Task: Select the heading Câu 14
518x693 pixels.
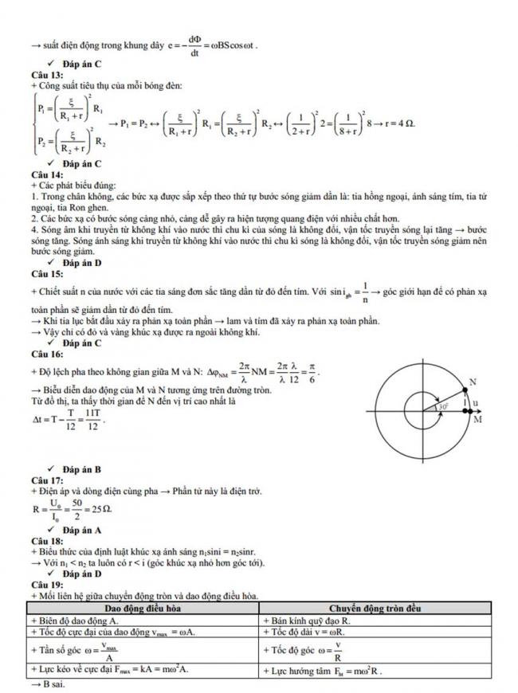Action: (x=43, y=173)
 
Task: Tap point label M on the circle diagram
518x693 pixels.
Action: (x=477, y=419)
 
